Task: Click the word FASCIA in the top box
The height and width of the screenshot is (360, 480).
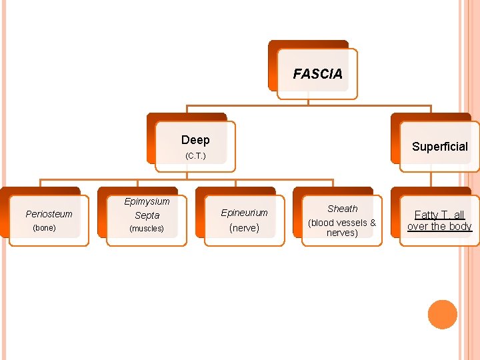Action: click(x=317, y=74)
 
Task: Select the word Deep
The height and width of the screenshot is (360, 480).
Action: click(x=195, y=140)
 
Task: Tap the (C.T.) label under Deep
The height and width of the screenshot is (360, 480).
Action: click(x=195, y=156)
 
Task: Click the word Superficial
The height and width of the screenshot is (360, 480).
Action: click(x=439, y=147)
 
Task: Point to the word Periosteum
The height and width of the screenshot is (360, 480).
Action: click(x=49, y=214)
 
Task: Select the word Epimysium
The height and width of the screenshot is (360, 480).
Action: click(x=147, y=201)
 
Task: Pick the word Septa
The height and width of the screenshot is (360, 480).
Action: click(x=147, y=215)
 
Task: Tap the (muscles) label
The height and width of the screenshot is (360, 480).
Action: click(x=147, y=229)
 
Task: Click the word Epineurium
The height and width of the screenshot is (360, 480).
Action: click(x=244, y=213)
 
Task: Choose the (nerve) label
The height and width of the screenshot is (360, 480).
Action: click(x=244, y=228)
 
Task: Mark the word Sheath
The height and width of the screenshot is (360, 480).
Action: click(x=342, y=209)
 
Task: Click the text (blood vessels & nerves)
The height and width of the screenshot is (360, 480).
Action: click(x=342, y=227)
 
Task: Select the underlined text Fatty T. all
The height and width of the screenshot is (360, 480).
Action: click(x=439, y=215)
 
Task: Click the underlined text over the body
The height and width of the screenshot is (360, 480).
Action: click(x=439, y=227)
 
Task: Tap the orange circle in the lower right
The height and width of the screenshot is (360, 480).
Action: click(x=442, y=315)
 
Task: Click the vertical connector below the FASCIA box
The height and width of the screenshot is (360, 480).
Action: click(x=308, y=101)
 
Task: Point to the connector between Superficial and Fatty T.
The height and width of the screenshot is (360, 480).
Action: click(x=431, y=176)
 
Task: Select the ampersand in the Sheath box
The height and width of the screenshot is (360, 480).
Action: click(x=372, y=223)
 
